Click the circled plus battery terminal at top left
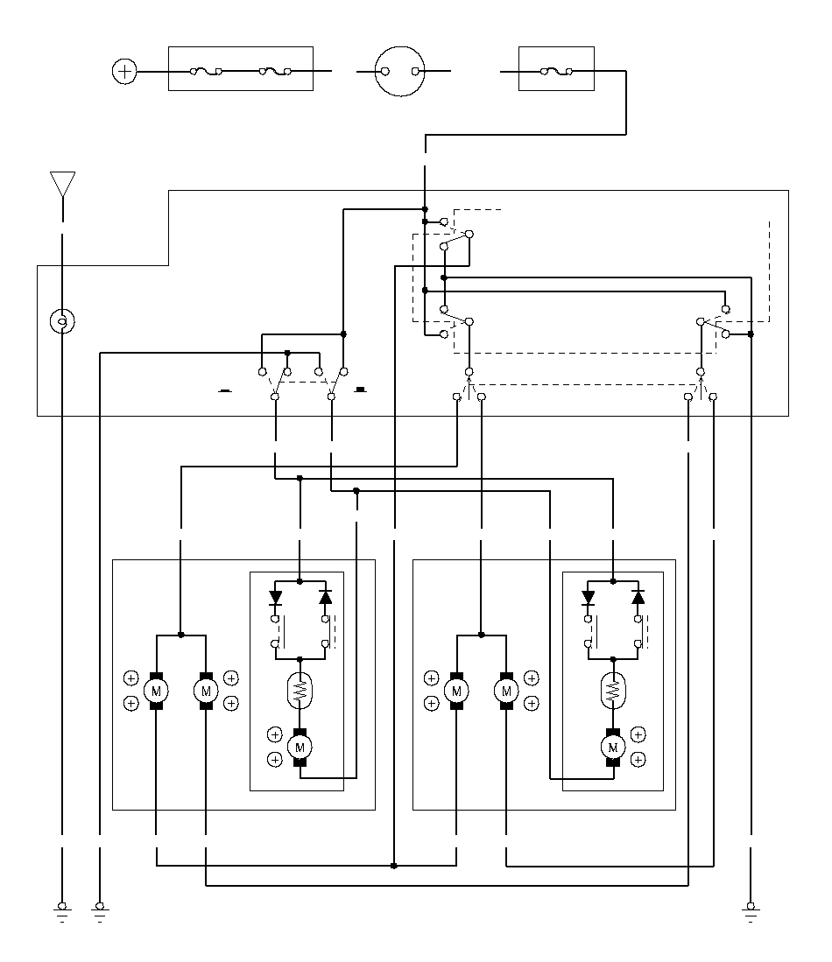pyautogui.click(x=124, y=71)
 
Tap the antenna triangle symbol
pyautogui.click(x=63, y=184)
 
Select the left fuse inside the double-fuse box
pyautogui.click(x=207, y=72)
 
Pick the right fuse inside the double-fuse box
pyautogui.click(x=275, y=72)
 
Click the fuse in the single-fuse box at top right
pyautogui.click(x=556, y=72)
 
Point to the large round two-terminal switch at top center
pyautogui.click(x=399, y=71)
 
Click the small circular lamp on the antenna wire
pyautogui.click(x=62, y=321)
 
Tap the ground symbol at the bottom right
pyautogui.click(x=751, y=912)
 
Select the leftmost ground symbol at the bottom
pyautogui.click(x=62, y=912)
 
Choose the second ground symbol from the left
pyautogui.click(x=100, y=912)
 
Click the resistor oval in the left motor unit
pyautogui.click(x=300, y=691)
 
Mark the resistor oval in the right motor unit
pyautogui.click(x=613, y=691)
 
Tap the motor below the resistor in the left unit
pyautogui.click(x=300, y=748)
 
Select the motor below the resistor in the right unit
pyautogui.click(x=613, y=748)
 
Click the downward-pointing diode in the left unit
pyautogui.click(x=275, y=597)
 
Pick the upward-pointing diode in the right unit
pyautogui.click(x=638, y=597)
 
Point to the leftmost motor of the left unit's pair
pyautogui.click(x=156, y=691)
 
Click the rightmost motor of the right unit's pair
pyautogui.click(x=506, y=691)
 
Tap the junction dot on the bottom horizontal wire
pyautogui.click(x=393, y=866)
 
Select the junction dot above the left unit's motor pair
pyautogui.click(x=181, y=635)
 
